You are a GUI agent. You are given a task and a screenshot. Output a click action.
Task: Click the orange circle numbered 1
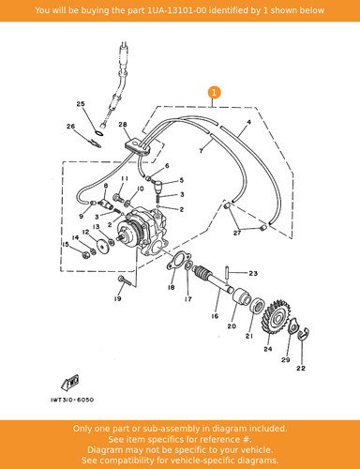[x=214, y=93]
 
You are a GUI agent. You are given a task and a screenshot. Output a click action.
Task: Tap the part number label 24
[x=268, y=349]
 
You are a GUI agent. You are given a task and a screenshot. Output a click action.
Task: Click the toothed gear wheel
[x=276, y=317]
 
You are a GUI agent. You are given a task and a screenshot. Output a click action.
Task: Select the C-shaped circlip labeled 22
[x=303, y=333]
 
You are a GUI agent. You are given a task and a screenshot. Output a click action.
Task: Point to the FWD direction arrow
[x=70, y=383]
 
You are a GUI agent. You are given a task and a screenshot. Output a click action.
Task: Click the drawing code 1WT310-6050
[x=72, y=400]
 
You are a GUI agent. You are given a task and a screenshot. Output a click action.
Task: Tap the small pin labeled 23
[x=227, y=273]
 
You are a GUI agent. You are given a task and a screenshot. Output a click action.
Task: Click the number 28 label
[x=123, y=125]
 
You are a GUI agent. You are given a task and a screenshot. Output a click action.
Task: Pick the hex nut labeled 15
[x=85, y=254]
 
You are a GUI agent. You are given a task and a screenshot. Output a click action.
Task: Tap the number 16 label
[x=215, y=316]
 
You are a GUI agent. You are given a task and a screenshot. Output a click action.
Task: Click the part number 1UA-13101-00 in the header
[x=177, y=10]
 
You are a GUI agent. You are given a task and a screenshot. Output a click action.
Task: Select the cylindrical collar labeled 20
[x=241, y=295]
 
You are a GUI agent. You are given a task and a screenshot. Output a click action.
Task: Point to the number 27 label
[x=237, y=233]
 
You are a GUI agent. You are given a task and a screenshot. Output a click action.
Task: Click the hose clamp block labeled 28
[x=137, y=146]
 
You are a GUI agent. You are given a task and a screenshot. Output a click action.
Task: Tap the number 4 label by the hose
[x=248, y=122]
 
